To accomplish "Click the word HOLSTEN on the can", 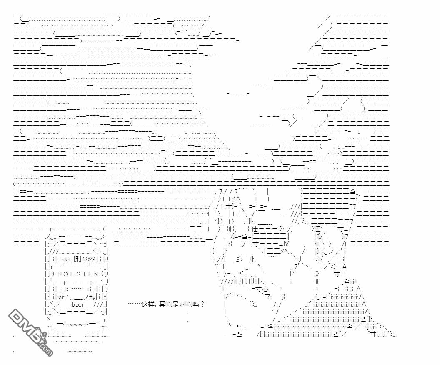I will point(77,274).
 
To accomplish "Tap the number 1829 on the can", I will point(90,259).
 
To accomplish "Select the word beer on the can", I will point(78,304).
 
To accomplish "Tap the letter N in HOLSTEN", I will point(96,274).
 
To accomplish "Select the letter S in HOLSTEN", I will point(77,274).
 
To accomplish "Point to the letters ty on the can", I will point(92,297).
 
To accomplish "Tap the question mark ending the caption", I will point(202,304).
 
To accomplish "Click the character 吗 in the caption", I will point(195,304).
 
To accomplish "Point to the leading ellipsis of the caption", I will point(134,304).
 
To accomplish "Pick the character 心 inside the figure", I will point(265,288).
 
